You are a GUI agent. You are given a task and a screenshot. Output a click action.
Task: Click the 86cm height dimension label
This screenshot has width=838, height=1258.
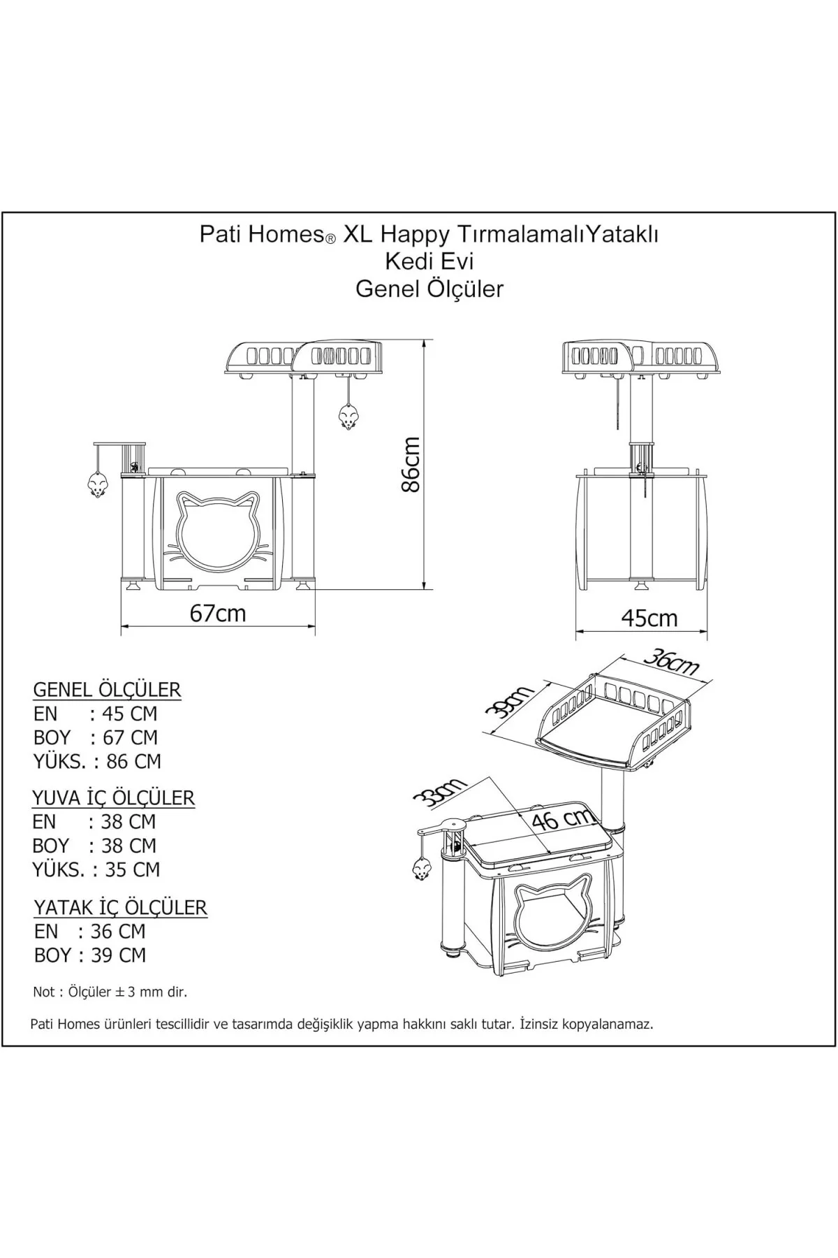(x=412, y=465)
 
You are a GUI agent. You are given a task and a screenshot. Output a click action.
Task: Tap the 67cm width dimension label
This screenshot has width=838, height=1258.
(x=218, y=613)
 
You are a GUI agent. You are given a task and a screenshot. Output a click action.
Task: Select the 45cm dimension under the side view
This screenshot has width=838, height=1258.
(x=649, y=618)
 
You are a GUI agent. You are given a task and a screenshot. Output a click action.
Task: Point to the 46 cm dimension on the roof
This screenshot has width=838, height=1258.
(x=562, y=818)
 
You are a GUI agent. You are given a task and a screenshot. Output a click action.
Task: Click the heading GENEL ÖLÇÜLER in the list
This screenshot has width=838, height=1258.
(x=107, y=690)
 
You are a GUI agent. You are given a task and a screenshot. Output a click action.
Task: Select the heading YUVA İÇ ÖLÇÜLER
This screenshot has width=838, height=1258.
(x=113, y=797)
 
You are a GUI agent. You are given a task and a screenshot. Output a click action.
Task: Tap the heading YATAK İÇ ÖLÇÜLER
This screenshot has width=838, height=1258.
(x=120, y=907)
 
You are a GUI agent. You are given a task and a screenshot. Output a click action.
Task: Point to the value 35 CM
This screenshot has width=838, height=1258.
(x=133, y=869)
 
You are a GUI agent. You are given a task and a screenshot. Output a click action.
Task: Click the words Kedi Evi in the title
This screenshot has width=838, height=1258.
(x=429, y=261)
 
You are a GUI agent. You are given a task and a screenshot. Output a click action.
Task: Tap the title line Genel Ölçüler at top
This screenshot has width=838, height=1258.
(x=429, y=289)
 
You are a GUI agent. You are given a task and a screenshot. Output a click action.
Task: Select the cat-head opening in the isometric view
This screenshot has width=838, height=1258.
(x=550, y=916)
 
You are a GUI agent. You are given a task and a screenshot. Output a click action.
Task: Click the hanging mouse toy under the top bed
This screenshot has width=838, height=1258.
(x=348, y=417)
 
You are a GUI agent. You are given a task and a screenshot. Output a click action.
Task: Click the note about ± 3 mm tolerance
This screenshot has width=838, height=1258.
(x=110, y=992)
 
